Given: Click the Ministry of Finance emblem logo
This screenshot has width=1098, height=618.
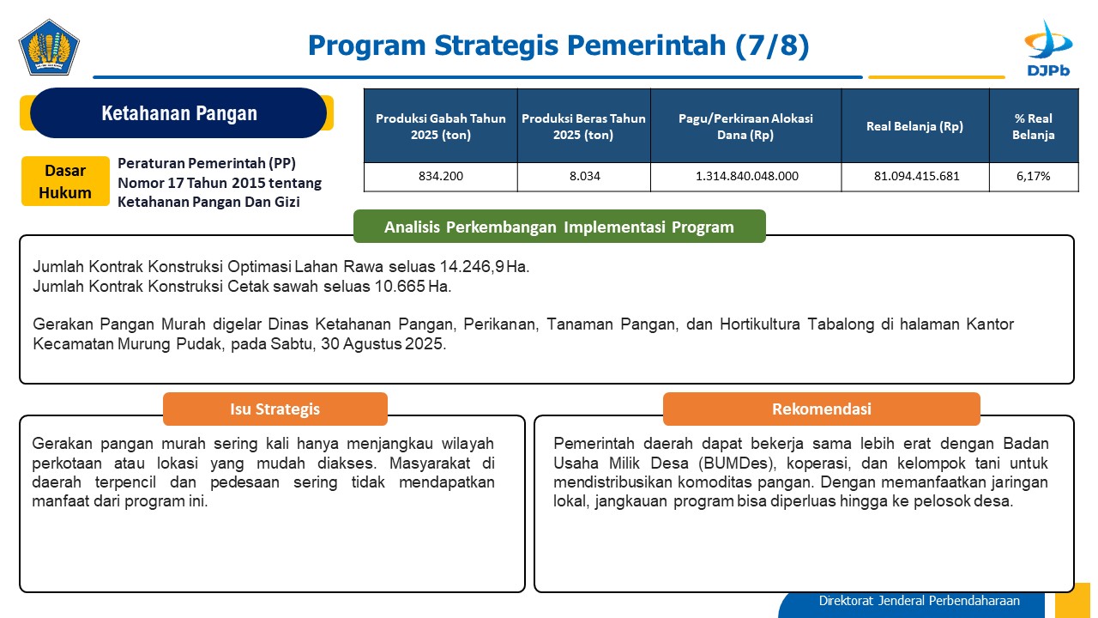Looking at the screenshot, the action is [49, 47].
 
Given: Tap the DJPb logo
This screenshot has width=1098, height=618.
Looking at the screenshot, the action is [1048, 48].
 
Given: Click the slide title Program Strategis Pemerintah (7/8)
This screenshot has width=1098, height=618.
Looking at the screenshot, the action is [558, 45].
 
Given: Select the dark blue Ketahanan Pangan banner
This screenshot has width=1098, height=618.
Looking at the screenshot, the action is [178, 112].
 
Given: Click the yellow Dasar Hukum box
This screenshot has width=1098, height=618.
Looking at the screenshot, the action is [65, 181].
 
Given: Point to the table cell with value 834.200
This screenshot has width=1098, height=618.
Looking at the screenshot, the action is [441, 177].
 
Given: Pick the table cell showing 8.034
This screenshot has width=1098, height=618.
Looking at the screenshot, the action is [584, 177].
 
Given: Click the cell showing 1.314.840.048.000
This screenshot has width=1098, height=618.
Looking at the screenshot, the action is [746, 177].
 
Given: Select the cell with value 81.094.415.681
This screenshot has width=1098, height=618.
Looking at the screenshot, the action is [915, 177].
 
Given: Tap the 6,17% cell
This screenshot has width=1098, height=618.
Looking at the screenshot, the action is [1034, 177].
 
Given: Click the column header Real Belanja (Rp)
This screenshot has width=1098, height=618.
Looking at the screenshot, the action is [915, 126].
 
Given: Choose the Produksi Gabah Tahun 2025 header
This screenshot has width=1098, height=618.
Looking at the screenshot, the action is [441, 126].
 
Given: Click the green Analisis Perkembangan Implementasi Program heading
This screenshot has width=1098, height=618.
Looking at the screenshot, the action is [559, 227].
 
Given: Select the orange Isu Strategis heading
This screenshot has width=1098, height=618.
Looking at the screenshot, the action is [275, 409].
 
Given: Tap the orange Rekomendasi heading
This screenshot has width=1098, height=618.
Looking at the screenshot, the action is [822, 409].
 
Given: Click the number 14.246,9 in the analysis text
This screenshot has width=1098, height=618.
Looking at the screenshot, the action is [472, 266].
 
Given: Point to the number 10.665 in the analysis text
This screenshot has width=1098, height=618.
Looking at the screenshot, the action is [400, 286].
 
